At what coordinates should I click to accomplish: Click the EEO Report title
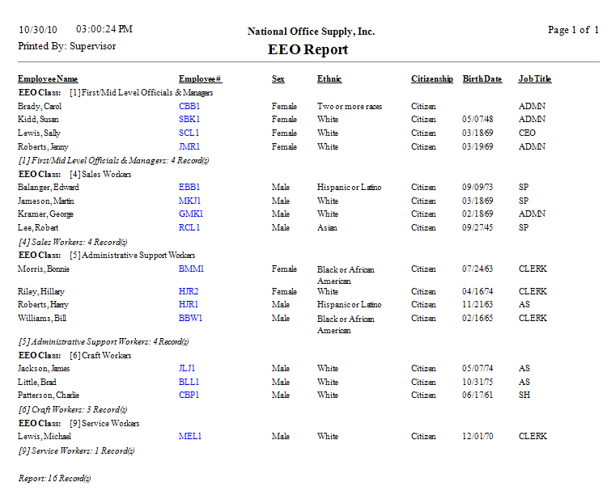pos(308,49)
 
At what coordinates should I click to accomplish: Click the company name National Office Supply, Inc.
pos(311,32)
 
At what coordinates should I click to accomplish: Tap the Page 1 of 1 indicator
pos(573,30)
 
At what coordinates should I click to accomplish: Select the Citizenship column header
pos(432,79)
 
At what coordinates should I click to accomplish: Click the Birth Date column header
pos(482,79)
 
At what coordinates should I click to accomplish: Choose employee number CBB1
pos(189,106)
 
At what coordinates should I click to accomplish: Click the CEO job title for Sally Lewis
pos(527,133)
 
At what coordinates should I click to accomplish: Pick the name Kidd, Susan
pos(39,120)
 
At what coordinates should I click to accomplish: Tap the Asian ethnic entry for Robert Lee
pos(327,227)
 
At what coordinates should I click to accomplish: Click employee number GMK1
pos(191,214)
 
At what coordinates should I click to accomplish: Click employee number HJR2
pos(189,291)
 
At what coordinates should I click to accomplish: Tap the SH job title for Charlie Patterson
pos(524,395)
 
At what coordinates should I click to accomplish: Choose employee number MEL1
pos(190,436)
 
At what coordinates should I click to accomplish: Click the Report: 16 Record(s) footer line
pos(55,478)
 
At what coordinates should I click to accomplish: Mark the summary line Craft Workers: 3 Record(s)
pos(73,409)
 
